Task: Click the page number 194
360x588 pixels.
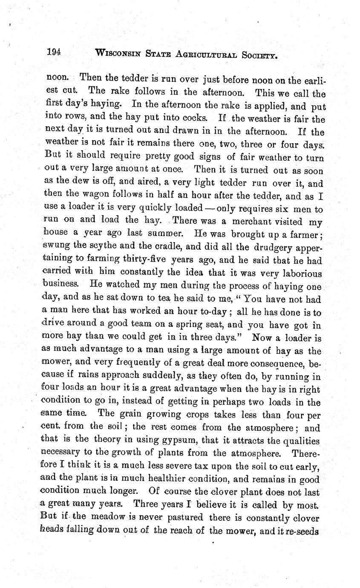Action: click(x=54, y=52)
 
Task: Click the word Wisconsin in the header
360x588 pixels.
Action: click(x=119, y=53)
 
